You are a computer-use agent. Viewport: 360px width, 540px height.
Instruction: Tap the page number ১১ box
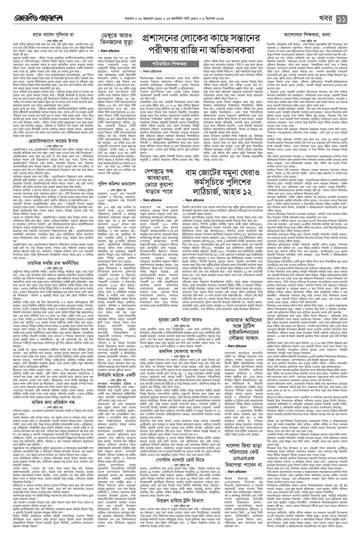pos(345,6)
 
